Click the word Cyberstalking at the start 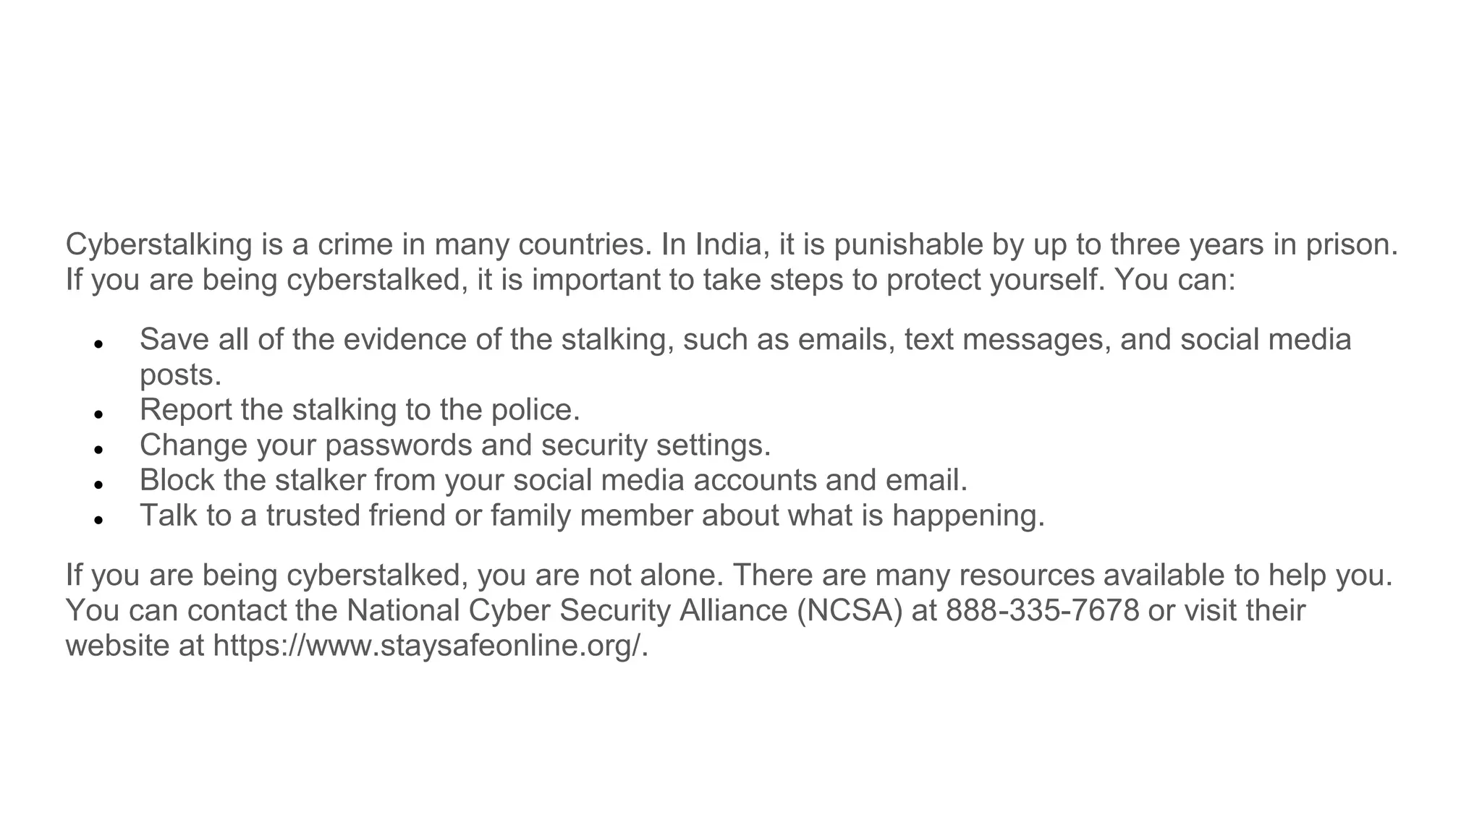(158, 245)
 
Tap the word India (730, 245)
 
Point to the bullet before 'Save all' (100, 343)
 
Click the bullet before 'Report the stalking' (100, 414)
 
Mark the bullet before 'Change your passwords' (100, 449)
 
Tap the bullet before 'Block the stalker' (100, 484)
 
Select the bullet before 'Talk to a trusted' (100, 519)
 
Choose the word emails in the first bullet (843, 340)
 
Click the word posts (180, 375)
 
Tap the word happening (968, 516)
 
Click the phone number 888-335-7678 (1043, 610)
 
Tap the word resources (1027, 576)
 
